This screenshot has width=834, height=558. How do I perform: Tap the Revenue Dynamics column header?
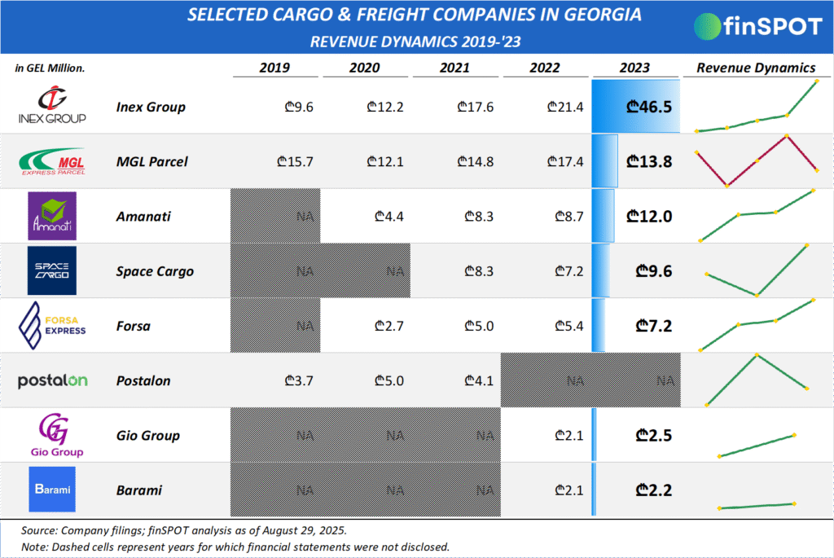(x=756, y=68)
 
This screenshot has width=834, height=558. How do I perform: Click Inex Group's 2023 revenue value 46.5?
(x=649, y=107)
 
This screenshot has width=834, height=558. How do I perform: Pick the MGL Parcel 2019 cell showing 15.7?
(x=296, y=161)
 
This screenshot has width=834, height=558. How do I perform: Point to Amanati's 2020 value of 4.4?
(x=388, y=217)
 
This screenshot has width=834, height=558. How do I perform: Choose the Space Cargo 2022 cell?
(x=568, y=271)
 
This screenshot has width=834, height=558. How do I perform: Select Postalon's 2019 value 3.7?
(x=299, y=380)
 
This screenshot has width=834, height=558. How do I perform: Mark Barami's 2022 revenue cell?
(x=568, y=490)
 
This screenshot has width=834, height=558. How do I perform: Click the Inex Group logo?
(x=51, y=106)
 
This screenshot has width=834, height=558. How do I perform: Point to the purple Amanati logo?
(x=51, y=216)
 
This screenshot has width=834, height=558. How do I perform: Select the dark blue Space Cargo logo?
(x=51, y=270)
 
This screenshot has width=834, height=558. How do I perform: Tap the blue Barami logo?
(x=51, y=490)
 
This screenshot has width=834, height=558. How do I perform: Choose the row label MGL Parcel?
(x=151, y=161)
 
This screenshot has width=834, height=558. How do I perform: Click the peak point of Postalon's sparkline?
(x=757, y=355)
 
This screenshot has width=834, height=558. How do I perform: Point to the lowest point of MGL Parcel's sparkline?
(x=726, y=186)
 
